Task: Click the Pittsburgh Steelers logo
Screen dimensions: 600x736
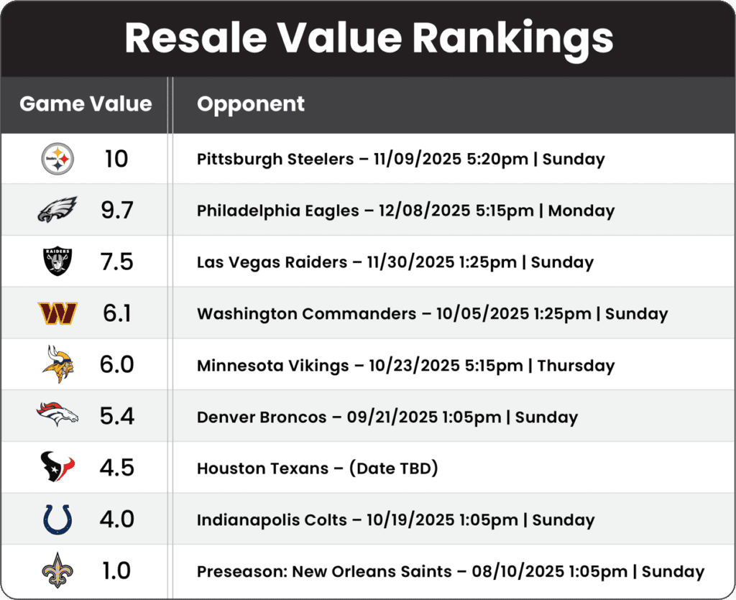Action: (x=57, y=159)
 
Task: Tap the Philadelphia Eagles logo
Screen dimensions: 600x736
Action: (x=57, y=210)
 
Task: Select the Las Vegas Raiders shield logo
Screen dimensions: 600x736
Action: (x=57, y=262)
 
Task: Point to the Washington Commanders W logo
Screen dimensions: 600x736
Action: (x=57, y=313)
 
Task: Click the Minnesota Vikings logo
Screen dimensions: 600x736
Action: (x=57, y=364)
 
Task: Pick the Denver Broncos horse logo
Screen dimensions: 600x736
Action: (x=57, y=416)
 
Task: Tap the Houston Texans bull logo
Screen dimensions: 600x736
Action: (x=57, y=468)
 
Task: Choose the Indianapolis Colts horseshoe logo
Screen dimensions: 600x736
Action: (x=57, y=520)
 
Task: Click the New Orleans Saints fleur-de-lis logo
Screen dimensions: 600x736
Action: (x=57, y=571)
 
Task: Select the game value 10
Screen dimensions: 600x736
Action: (x=116, y=159)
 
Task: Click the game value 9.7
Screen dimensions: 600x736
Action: (x=117, y=211)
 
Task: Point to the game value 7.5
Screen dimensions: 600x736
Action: (x=117, y=262)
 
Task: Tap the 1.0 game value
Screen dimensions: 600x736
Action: (x=116, y=571)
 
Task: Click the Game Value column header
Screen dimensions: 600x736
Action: (x=86, y=104)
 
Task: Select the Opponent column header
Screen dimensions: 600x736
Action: (x=251, y=104)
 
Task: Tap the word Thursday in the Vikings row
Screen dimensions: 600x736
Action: (x=576, y=365)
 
